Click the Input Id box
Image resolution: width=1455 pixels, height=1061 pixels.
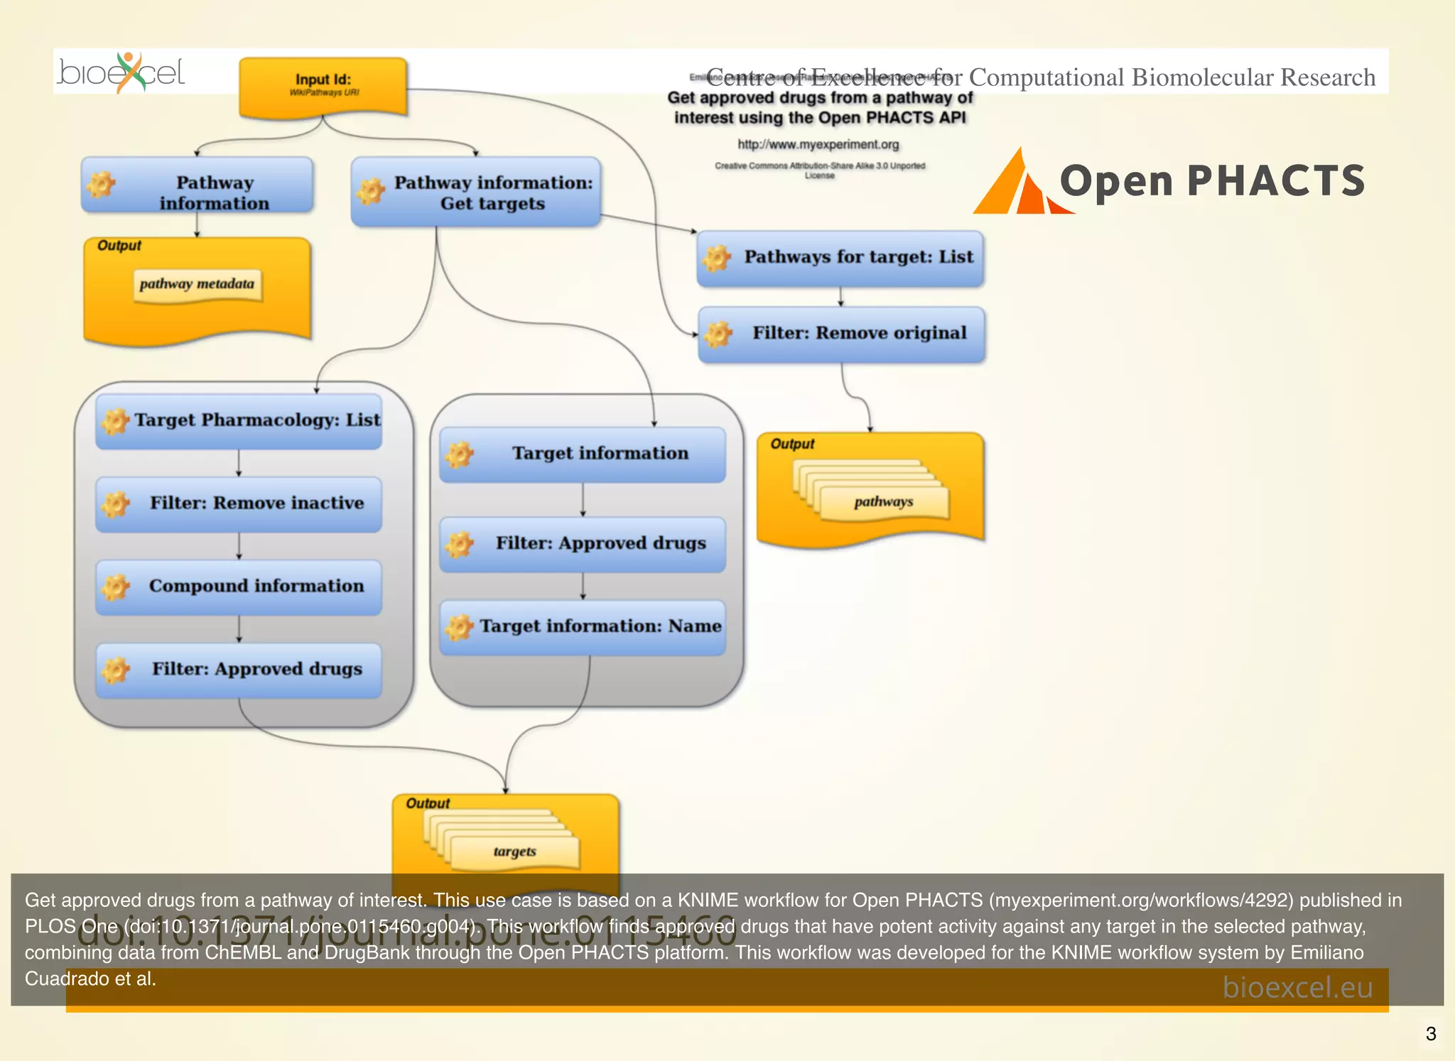[323, 86]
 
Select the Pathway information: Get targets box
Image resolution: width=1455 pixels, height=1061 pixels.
[476, 192]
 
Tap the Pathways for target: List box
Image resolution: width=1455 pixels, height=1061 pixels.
[840, 258]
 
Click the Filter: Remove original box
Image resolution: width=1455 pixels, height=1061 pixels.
[842, 334]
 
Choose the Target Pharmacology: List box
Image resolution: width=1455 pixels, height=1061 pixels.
[239, 420]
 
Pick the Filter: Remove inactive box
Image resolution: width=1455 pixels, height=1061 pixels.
[239, 504]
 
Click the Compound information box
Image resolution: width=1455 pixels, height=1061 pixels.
[239, 587]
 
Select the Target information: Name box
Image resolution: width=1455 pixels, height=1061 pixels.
[583, 626]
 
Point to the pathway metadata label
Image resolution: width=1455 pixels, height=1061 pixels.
[197, 285]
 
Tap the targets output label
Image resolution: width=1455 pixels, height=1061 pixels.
[515, 851]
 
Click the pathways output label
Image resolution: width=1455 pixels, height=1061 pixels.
[884, 502]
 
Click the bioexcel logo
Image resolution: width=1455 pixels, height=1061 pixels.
[121, 72]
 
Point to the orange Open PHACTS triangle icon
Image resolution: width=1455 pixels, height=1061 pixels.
[1017, 185]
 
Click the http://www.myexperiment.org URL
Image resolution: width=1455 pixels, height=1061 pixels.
[818, 145]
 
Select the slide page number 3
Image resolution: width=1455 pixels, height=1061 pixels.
[1431, 1033]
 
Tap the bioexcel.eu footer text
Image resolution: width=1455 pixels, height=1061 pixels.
[1297, 987]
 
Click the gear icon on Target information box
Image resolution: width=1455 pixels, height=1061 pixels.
[460, 455]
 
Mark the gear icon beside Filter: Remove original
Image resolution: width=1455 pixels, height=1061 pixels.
[718, 334]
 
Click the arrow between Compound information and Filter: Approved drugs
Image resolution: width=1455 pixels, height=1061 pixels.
[239, 629]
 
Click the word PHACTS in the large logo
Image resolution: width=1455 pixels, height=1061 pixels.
[1276, 181]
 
